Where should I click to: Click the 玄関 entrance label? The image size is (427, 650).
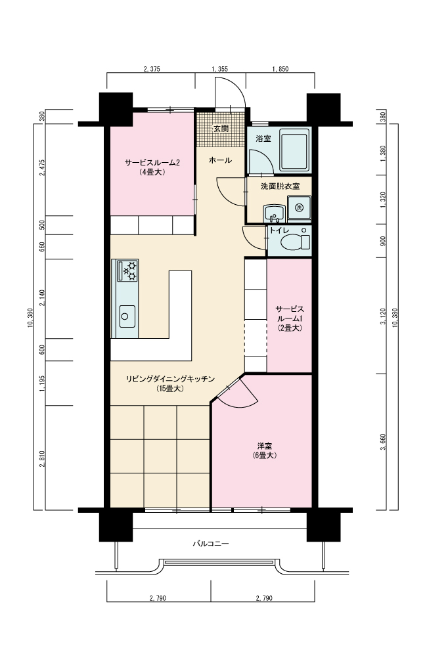(221, 129)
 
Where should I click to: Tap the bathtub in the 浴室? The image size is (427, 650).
(294, 150)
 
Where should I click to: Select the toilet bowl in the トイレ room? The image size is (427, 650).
(295, 242)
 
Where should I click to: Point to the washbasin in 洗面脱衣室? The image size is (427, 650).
(274, 213)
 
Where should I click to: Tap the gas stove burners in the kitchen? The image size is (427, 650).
(128, 270)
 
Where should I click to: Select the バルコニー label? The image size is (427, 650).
(210, 543)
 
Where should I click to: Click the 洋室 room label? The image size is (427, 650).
(264, 446)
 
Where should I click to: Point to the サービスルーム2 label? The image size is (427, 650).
(152, 163)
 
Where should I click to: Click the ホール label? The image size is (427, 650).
(220, 160)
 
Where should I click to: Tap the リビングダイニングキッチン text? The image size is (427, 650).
(170, 379)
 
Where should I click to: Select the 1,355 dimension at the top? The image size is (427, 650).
(219, 69)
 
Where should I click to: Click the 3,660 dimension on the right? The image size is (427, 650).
(382, 442)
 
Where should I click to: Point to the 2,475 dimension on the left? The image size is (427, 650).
(41, 167)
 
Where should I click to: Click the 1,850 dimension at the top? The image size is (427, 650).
(280, 69)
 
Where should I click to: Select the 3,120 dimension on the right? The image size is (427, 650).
(382, 316)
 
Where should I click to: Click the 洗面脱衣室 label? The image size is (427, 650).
(280, 186)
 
